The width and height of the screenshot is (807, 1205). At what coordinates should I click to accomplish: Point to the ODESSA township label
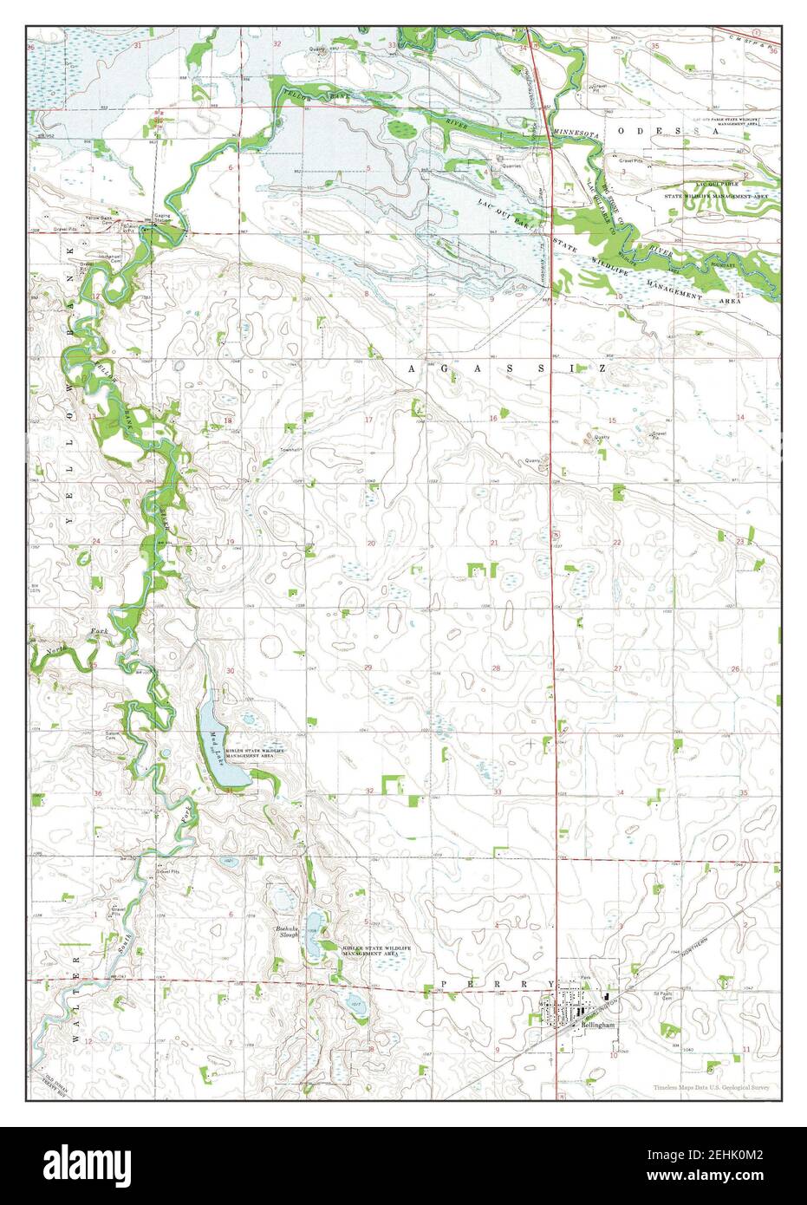668,130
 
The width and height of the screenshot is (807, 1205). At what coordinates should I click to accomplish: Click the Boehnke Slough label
287,932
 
